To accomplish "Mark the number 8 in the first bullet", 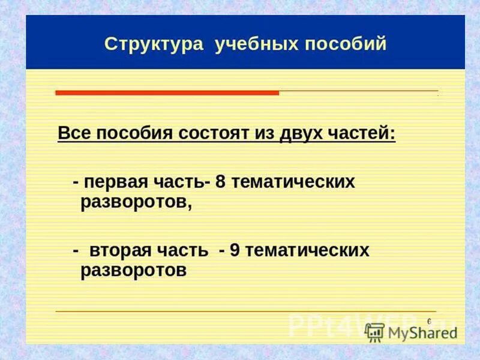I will point(220,182).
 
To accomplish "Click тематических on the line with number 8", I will point(293,182).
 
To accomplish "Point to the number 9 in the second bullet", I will point(235,250).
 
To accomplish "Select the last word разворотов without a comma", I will point(133,270).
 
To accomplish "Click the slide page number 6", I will point(429,322).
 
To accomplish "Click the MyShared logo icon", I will point(374,332).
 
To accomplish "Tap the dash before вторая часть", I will point(76,250).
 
